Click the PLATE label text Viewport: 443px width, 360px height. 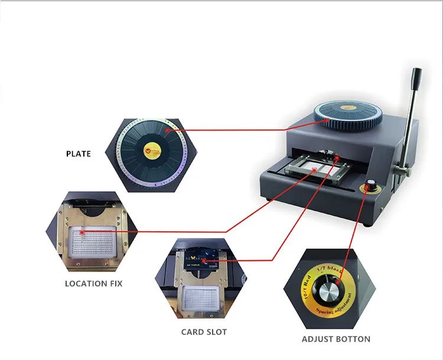pos(79,154)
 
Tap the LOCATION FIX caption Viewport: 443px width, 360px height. pos(93,283)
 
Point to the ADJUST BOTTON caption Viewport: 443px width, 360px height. pos(335,339)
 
